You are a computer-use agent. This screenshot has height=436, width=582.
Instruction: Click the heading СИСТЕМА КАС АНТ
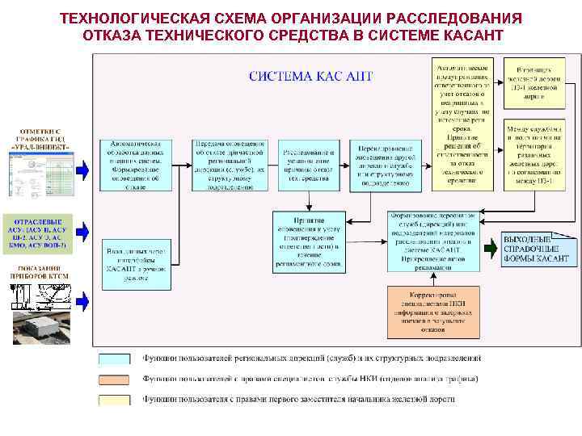(x=310, y=77)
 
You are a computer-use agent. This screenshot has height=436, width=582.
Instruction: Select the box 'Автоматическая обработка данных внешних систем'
(x=137, y=165)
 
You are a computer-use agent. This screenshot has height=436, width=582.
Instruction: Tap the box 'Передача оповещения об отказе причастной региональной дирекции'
(x=230, y=165)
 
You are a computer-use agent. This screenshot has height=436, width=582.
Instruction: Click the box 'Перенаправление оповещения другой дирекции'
(x=386, y=165)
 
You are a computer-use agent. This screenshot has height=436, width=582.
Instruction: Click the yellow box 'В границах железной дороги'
(x=533, y=82)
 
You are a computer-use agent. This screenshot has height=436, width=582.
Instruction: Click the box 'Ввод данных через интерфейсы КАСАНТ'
(x=137, y=262)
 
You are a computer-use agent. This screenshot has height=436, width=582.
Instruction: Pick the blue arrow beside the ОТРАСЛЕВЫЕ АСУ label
(x=83, y=234)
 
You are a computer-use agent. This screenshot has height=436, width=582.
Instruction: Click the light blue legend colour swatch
(x=118, y=358)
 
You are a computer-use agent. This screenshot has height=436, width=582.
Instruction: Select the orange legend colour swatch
(x=118, y=379)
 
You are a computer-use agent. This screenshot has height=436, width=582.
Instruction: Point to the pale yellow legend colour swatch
(x=118, y=399)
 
